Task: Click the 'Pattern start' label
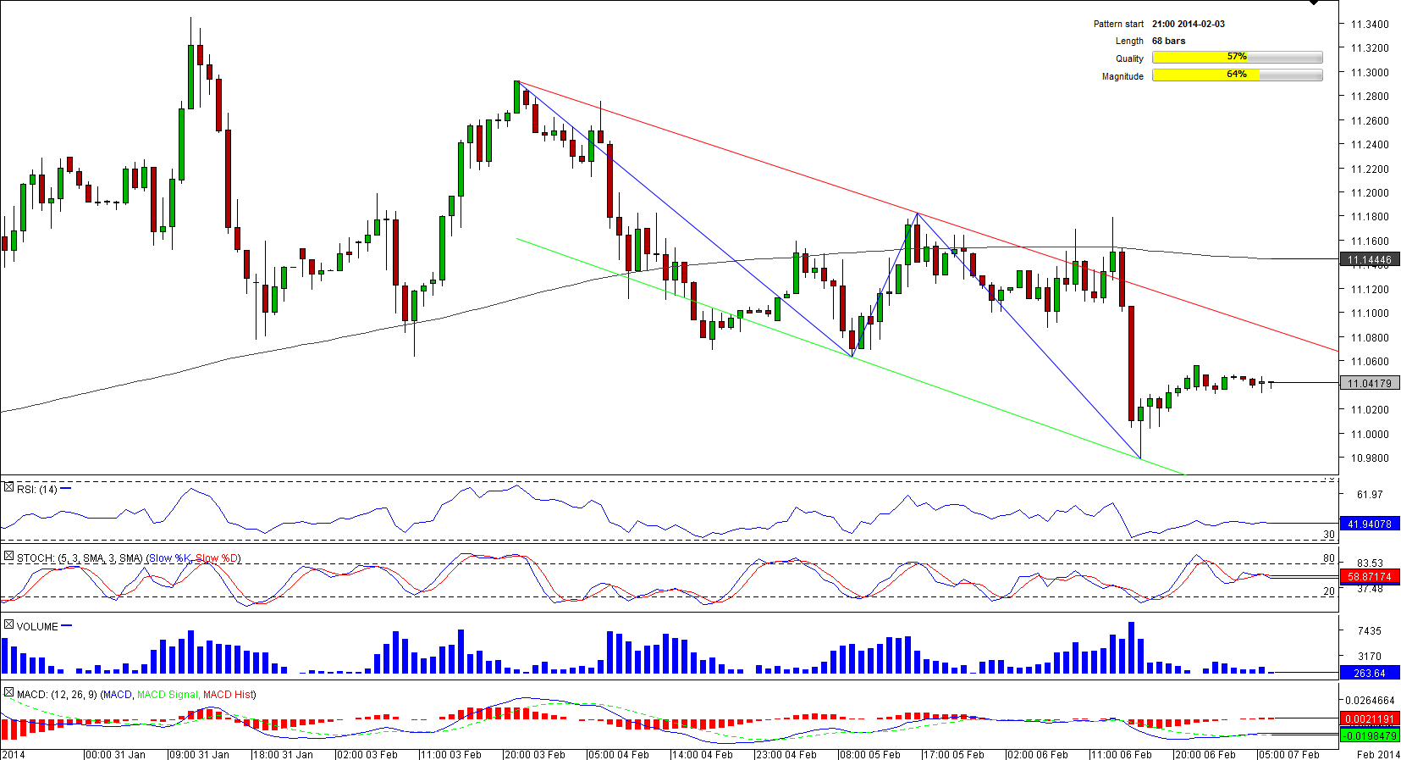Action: pyautogui.click(x=1117, y=24)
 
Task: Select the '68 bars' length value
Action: pyautogui.click(x=1168, y=41)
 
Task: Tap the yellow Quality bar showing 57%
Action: pyautogui.click(x=1237, y=57)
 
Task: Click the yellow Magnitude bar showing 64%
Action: pyautogui.click(x=1237, y=75)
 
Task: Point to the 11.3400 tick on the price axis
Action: pyautogui.click(x=1370, y=24)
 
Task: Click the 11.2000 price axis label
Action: pyautogui.click(x=1370, y=192)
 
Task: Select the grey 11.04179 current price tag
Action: pyautogui.click(x=1369, y=383)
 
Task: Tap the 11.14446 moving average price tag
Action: pyautogui.click(x=1369, y=260)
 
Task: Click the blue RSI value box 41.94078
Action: pyautogui.click(x=1369, y=524)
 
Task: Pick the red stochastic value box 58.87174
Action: pyautogui.click(x=1369, y=576)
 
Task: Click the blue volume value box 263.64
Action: pyautogui.click(x=1369, y=673)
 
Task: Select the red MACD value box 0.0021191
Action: pyautogui.click(x=1369, y=718)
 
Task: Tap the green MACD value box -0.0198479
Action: pyautogui.click(x=1369, y=735)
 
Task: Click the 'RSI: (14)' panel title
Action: pyautogui.click(x=37, y=489)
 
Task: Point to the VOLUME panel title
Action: pyautogui.click(x=37, y=626)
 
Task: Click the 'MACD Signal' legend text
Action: pyautogui.click(x=168, y=694)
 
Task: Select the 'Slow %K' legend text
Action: pyautogui.click(x=169, y=558)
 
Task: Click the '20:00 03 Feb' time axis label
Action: pyautogui.click(x=535, y=754)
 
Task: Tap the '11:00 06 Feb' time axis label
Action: pyautogui.click(x=1122, y=754)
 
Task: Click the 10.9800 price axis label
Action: pyautogui.click(x=1370, y=458)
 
